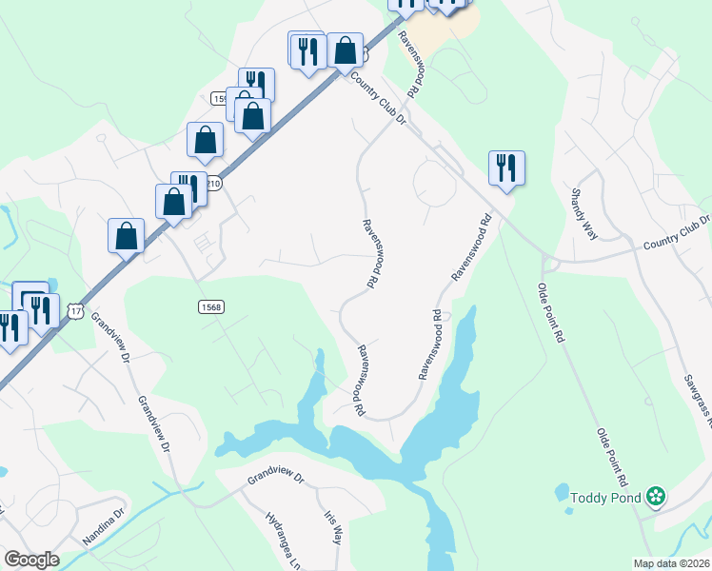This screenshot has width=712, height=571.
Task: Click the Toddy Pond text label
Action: pos(605,496)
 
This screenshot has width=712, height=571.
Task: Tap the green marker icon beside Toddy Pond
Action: pos(655,496)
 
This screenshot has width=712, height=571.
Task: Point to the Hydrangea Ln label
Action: pos(283,538)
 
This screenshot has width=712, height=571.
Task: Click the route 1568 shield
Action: pos(211,306)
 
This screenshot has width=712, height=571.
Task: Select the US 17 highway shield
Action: pos(76,310)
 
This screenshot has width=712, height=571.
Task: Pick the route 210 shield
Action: pos(212,183)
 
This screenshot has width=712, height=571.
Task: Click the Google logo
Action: pos(31,560)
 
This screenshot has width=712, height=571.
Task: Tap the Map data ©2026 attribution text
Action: pos(671,562)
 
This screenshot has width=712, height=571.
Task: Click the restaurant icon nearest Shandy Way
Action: pos(505,168)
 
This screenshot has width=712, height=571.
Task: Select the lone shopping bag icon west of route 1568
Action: pos(126,235)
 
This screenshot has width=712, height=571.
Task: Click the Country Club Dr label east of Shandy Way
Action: pos(676,232)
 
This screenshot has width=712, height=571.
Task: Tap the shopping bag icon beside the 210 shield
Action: pos(174,201)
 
